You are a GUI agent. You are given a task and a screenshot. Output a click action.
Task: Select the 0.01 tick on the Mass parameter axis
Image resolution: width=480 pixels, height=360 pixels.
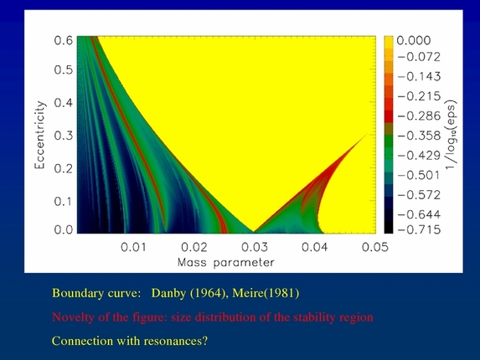click(x=134, y=247)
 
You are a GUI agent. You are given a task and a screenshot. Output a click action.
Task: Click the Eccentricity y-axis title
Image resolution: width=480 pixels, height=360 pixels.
click(x=39, y=135)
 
